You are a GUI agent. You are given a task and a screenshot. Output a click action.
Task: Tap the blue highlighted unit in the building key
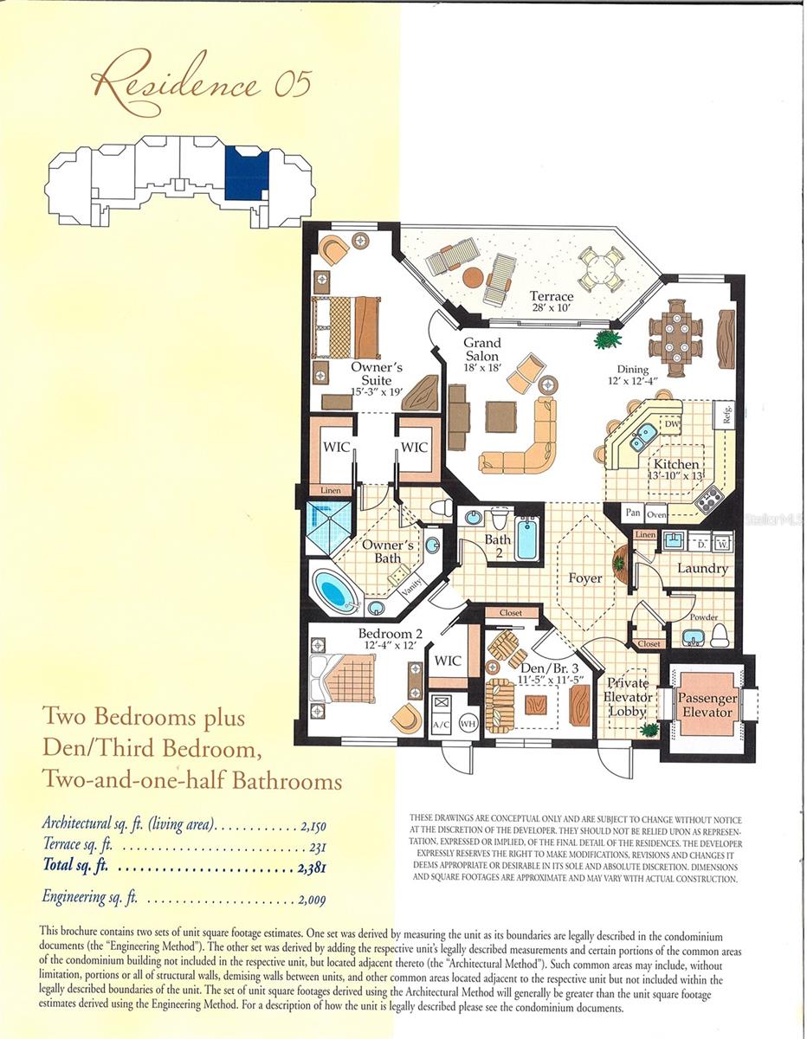tap(246, 173)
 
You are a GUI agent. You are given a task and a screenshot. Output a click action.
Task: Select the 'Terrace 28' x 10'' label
tap(552, 302)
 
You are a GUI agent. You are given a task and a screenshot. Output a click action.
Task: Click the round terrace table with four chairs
tap(600, 268)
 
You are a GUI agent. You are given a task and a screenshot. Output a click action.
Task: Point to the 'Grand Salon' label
tap(481, 350)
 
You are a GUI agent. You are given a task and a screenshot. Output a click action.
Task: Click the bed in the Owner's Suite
tap(346, 327)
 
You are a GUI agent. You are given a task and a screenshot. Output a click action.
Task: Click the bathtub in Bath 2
tap(526, 539)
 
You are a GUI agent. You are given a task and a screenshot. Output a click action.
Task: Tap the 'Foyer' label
tap(584, 578)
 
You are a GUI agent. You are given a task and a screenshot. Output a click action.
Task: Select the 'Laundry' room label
tap(702, 569)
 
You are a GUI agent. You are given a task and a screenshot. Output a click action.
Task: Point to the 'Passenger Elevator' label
tap(707, 705)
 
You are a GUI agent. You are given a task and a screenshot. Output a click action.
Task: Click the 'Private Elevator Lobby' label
tap(627, 697)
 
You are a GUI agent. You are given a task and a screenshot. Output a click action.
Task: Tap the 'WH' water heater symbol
tap(468, 722)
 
